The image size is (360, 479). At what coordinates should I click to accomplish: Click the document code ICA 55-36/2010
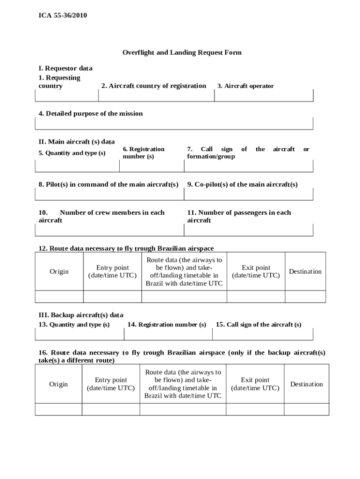tap(63, 16)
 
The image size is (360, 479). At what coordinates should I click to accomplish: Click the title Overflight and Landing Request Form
tap(182, 52)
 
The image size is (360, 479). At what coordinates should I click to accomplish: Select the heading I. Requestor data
tap(65, 68)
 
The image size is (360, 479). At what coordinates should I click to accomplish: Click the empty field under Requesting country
tap(66, 95)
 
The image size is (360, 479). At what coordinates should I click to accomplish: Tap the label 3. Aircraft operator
tap(245, 86)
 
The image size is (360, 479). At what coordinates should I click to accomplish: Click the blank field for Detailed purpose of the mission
tap(174, 123)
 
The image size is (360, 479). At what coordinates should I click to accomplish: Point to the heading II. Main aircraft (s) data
tap(77, 141)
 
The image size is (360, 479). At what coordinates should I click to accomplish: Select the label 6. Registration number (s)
tap(144, 153)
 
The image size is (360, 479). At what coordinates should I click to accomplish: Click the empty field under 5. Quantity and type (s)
tap(77, 166)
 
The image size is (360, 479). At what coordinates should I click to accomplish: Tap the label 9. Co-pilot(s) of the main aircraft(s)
tap(242, 184)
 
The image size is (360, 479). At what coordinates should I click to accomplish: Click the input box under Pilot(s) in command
tap(109, 194)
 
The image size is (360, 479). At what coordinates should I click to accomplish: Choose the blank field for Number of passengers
tap(248, 230)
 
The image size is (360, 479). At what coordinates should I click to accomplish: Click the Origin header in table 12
tap(59, 272)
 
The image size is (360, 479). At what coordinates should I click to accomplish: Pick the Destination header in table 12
tap(305, 272)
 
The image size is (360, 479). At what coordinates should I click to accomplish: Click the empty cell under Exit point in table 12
tap(256, 297)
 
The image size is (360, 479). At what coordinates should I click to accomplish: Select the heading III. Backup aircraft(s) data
tap(81, 315)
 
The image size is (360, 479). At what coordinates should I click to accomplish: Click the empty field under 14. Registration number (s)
tap(168, 334)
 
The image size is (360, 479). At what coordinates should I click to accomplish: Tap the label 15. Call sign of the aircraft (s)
tap(258, 325)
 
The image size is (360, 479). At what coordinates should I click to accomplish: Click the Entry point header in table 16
tap(111, 384)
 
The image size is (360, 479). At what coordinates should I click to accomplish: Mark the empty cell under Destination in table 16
tap(306, 409)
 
